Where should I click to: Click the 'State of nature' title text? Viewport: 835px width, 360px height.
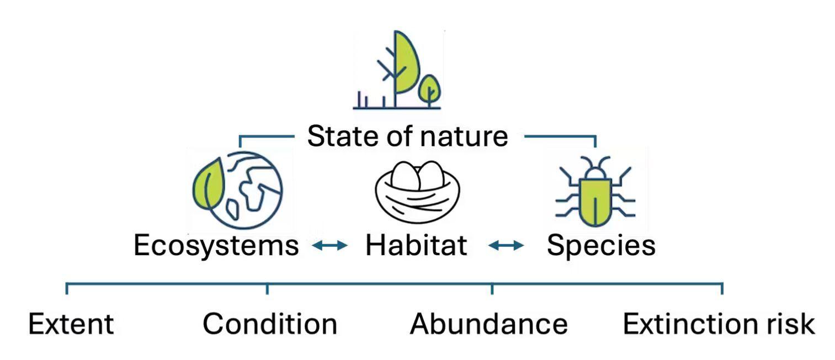(x=407, y=136)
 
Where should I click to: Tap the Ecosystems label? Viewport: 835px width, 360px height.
(x=216, y=246)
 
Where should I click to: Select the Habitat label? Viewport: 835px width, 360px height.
(x=416, y=245)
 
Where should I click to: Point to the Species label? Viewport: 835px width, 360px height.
(x=601, y=246)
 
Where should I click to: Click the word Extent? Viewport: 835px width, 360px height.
(x=71, y=324)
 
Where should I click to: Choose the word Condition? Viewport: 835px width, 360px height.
(x=270, y=324)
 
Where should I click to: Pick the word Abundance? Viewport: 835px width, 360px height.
(x=489, y=324)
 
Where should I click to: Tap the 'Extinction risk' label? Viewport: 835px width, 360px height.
(x=719, y=324)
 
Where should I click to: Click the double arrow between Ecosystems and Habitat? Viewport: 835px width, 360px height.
(x=330, y=245)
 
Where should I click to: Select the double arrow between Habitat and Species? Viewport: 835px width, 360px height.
(x=506, y=245)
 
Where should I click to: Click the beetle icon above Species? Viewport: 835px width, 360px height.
(x=595, y=191)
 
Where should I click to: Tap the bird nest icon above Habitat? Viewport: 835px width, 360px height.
(x=417, y=192)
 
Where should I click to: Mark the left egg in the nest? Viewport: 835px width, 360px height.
(x=405, y=176)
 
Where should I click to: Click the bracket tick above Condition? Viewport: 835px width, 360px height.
(x=267, y=288)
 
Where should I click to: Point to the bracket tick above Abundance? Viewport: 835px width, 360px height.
(x=492, y=288)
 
